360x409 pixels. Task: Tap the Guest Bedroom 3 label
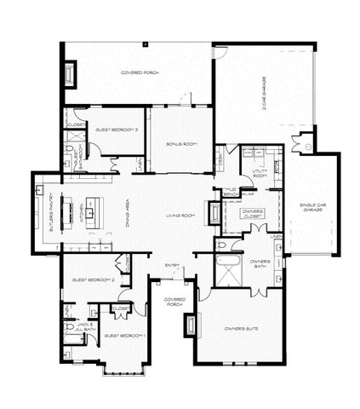click(117, 130)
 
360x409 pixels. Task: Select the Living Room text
click(180, 216)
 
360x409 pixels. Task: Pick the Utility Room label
click(260, 175)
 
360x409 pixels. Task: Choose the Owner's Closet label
click(252, 213)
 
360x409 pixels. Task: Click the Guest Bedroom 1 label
click(125, 336)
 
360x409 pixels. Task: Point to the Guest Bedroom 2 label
click(93, 279)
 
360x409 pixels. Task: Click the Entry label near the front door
click(172, 265)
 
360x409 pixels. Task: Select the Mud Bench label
click(229, 192)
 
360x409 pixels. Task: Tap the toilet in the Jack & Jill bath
click(68, 326)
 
